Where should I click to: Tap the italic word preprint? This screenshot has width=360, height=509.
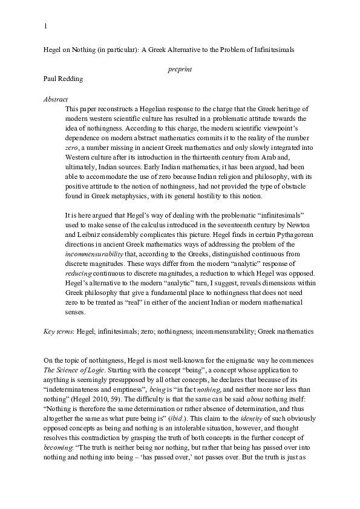180,70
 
